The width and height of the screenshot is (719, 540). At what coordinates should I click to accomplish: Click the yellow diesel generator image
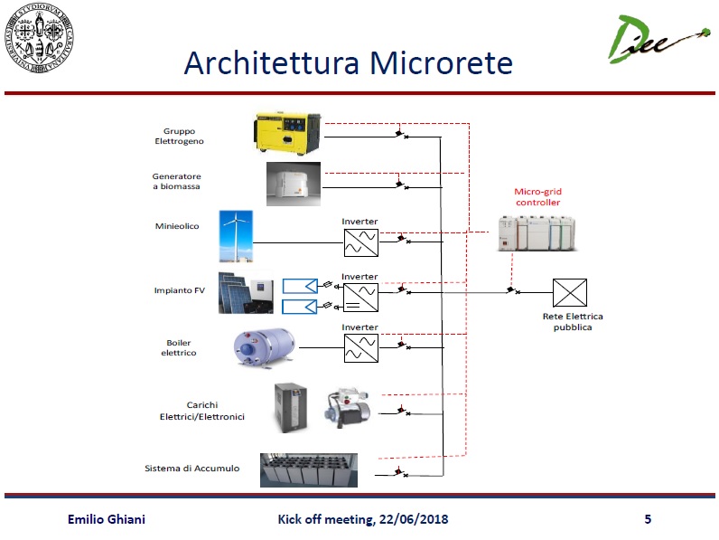(286, 133)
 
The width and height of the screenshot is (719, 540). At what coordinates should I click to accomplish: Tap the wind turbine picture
(236, 236)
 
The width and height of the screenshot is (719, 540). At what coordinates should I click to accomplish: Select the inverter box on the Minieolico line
(359, 242)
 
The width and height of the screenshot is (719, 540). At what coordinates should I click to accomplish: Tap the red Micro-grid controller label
(537, 196)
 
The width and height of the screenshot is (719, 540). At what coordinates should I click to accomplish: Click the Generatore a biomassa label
(177, 181)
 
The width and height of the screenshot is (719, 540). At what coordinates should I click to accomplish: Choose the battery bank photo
(308, 471)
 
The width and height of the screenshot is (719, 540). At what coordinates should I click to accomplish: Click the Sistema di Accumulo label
(192, 469)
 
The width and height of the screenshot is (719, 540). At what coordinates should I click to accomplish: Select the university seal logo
(39, 39)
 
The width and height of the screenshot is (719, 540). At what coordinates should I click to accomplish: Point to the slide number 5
(648, 519)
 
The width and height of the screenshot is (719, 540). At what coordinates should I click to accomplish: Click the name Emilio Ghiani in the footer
(107, 519)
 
